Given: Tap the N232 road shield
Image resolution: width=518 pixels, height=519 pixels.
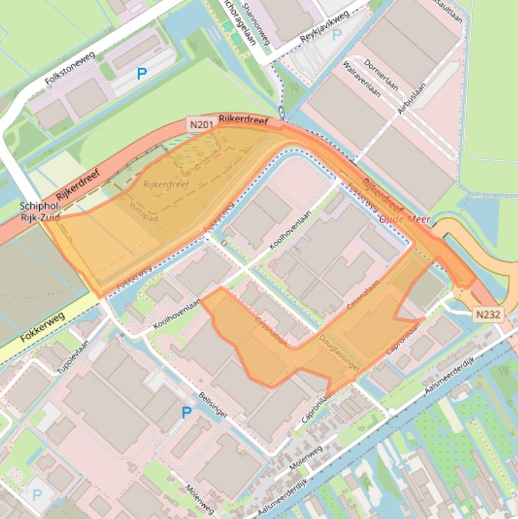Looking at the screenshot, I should (488, 315).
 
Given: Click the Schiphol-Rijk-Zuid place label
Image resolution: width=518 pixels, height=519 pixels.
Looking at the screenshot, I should (40, 212).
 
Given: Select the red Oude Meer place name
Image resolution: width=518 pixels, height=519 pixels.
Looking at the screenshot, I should (404, 220).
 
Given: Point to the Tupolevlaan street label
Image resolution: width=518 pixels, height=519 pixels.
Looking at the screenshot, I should (73, 357).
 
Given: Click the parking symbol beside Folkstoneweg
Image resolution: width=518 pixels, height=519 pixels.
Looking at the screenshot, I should (141, 74).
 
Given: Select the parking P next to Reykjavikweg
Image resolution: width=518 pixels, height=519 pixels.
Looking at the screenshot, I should (336, 34).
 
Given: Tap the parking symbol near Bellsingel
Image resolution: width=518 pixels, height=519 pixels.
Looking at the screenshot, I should (186, 413).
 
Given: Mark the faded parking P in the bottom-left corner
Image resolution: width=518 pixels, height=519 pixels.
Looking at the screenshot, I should (36, 495).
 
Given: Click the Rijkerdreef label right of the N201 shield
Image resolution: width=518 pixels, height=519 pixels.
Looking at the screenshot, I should (243, 121).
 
